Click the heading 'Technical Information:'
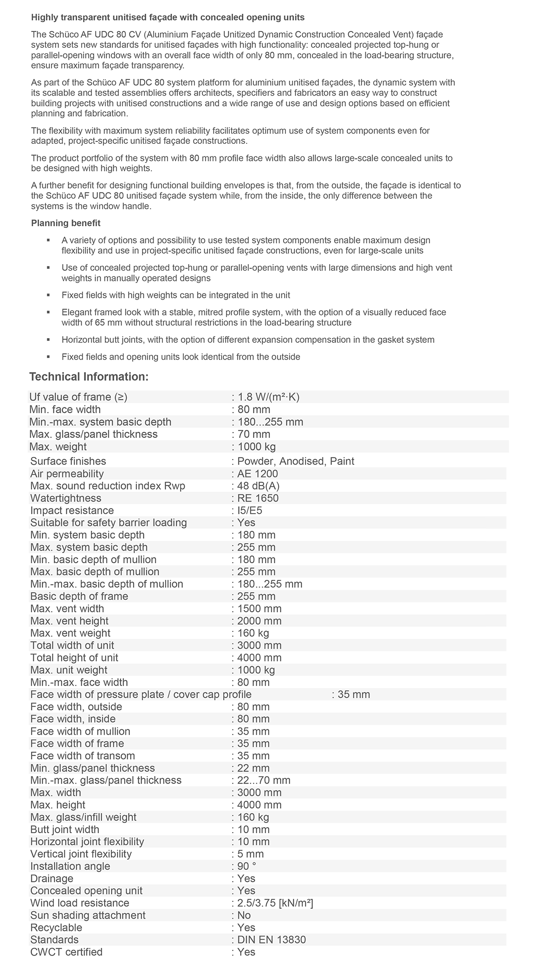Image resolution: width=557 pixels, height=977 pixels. click(x=89, y=377)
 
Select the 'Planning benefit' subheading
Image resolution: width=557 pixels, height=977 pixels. click(x=66, y=223)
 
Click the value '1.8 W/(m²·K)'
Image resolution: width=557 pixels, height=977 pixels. click(x=272, y=397)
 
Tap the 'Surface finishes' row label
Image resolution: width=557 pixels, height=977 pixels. click(x=68, y=461)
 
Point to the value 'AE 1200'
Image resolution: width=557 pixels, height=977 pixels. click(x=258, y=474)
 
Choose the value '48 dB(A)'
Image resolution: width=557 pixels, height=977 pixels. click(x=259, y=486)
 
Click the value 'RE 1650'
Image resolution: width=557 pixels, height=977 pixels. click(x=258, y=498)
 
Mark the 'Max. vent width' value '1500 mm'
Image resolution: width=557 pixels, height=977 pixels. click(x=259, y=609)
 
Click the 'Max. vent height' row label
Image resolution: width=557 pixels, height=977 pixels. click(x=70, y=621)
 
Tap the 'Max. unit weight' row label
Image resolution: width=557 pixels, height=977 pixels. click(x=69, y=670)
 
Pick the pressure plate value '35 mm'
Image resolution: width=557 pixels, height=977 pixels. click(x=354, y=694)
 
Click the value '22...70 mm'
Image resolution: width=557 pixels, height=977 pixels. click(x=264, y=780)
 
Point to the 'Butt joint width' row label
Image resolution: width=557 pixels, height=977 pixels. click(x=65, y=829)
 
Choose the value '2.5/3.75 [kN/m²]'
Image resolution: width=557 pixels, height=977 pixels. click(x=275, y=903)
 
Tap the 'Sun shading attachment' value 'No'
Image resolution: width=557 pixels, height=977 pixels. click(x=244, y=915)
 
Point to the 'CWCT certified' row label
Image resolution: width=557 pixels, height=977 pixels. click(x=66, y=952)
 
